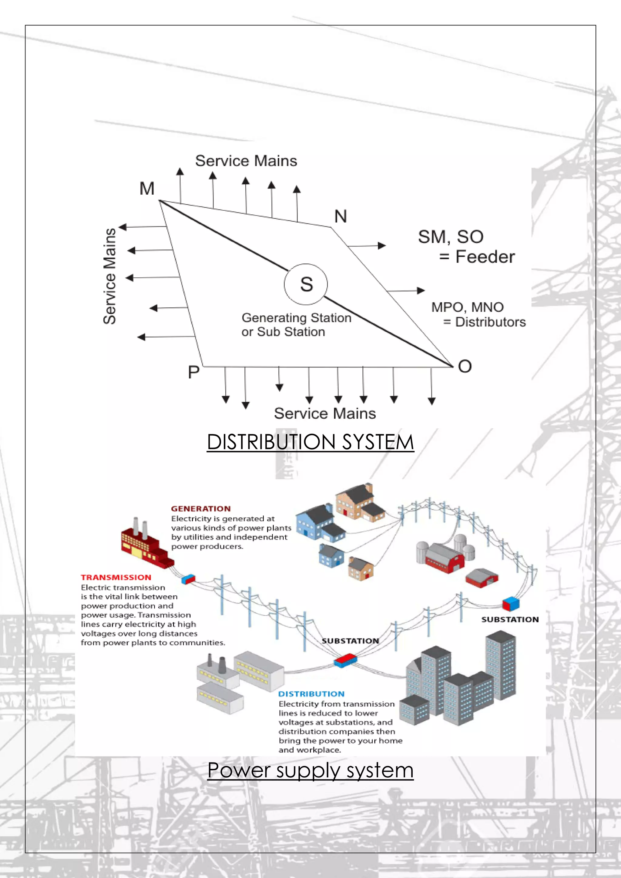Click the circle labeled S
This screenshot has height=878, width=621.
[306, 284]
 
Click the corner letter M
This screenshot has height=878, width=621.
[147, 189]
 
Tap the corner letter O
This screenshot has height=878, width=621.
[465, 366]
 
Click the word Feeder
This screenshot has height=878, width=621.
[485, 256]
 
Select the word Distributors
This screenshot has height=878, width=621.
[490, 322]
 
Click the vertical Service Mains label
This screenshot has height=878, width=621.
[110, 276]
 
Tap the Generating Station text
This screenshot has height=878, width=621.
[296, 318]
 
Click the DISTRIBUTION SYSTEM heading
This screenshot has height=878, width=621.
[310, 442]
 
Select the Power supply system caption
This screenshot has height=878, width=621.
[310, 770]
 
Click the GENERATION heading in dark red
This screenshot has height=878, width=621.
[201, 509]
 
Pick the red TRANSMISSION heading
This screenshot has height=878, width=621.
[116, 578]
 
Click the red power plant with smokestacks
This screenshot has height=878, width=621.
[145, 545]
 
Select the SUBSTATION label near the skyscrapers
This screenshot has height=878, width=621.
[350, 641]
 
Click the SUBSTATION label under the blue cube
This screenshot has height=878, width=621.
[510, 619]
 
